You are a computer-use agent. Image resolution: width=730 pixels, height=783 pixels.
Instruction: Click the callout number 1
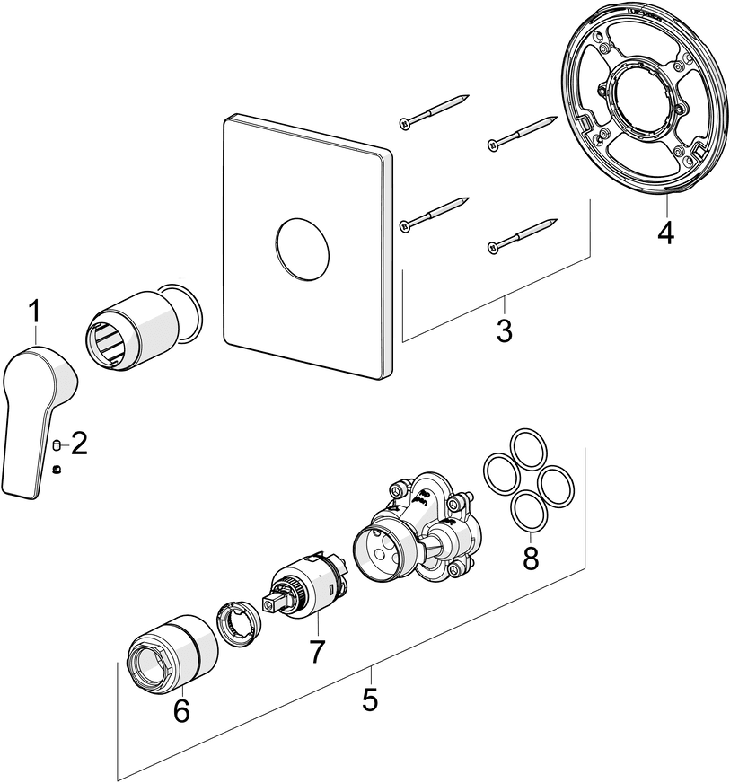click(34, 313)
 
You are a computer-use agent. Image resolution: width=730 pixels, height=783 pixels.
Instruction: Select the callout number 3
click(504, 330)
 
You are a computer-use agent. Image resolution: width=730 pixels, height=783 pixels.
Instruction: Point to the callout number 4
click(664, 232)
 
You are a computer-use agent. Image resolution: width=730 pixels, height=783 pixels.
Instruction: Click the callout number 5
click(370, 699)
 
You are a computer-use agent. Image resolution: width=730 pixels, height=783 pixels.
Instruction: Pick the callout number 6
click(181, 710)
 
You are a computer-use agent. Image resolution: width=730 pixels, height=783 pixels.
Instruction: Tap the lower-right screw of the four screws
click(521, 234)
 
